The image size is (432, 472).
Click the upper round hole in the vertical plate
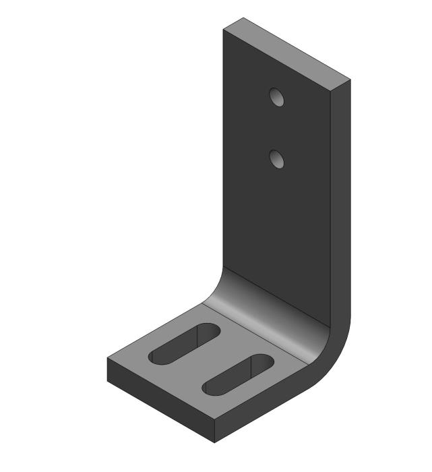[x=276, y=98]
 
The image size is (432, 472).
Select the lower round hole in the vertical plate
[x=276, y=159]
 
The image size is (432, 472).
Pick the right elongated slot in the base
[x=238, y=375]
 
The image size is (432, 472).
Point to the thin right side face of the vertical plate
[x=340, y=202]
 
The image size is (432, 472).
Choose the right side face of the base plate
[x=270, y=411]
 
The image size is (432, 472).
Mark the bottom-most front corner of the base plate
[x=215, y=443]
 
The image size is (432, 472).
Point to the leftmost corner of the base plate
[x=107, y=359]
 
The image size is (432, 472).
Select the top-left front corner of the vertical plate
[x=224, y=30]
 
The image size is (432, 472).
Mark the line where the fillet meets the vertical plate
[x=276, y=297]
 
